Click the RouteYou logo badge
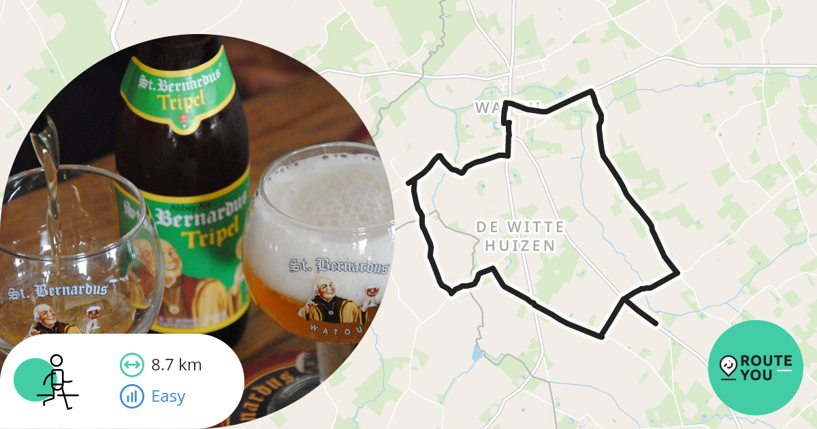click(x=756, y=368)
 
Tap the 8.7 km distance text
click(x=176, y=365)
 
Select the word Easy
click(x=168, y=396)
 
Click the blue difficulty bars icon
click(x=132, y=396)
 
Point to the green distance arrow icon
click(x=132, y=365)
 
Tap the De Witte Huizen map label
click(x=520, y=236)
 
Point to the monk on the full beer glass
click(x=325, y=300)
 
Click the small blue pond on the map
click(x=477, y=352)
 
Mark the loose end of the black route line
click(x=656, y=323)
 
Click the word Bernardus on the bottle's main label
click(x=194, y=218)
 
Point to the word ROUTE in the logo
click(x=766, y=360)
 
